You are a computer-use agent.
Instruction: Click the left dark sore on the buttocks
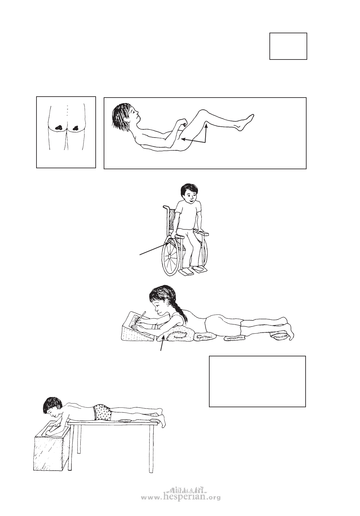tap(59, 127)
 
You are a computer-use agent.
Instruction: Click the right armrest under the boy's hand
tap(204, 233)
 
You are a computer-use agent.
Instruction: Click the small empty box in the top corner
tap(288, 46)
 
